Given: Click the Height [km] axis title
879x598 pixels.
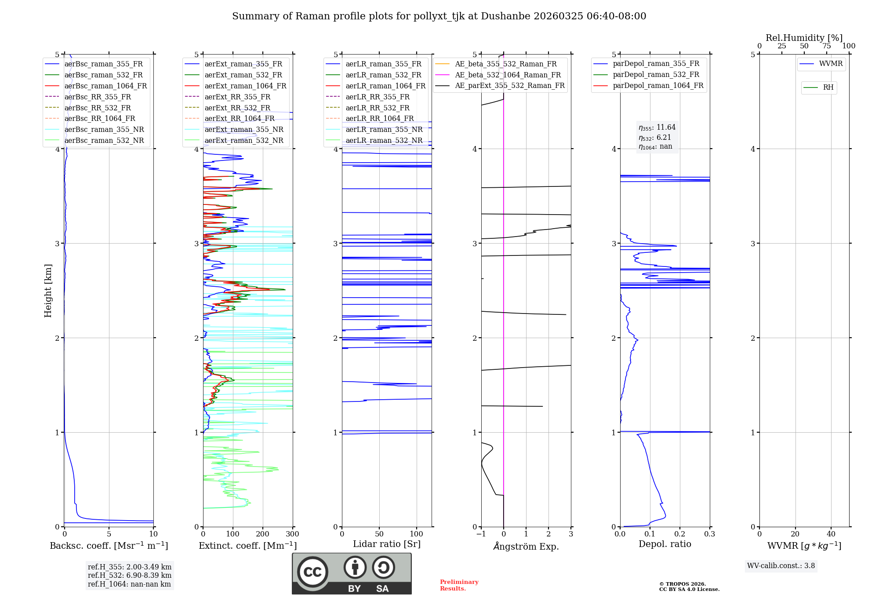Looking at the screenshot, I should pos(48,291).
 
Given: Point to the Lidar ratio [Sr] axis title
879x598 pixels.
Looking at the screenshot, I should pos(387,544).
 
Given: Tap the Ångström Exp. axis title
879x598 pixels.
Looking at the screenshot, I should pos(526,547).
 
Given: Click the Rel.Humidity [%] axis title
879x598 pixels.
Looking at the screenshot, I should pos(804,38).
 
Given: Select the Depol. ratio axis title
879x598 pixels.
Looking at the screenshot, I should pos(665,544).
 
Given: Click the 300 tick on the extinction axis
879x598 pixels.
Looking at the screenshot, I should pos(293,534).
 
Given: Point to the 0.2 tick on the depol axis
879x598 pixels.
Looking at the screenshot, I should pos(680,534).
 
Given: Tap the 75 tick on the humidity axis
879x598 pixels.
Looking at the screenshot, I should pos(827,46).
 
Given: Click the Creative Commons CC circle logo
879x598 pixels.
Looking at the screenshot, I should pos(312,572).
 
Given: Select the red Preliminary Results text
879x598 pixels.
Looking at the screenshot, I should pos(459,585).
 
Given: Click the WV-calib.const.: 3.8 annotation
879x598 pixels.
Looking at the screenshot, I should pos(781,566).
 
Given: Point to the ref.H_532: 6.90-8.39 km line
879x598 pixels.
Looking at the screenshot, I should pos(130,575).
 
